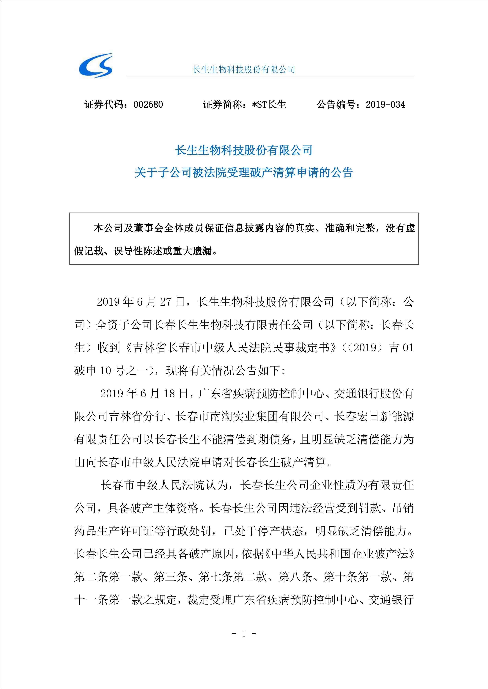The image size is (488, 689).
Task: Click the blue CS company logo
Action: coord(96,65)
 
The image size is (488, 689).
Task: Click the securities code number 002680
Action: coord(148,105)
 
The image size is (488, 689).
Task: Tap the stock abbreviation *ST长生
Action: coord(269,105)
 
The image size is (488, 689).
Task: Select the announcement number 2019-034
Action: coord(385,105)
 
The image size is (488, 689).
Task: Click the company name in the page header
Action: coord(244,70)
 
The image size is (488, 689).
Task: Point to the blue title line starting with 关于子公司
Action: coord(244,173)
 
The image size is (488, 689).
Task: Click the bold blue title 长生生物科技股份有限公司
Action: coord(244,150)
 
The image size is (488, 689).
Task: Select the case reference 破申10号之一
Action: coord(111,371)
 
